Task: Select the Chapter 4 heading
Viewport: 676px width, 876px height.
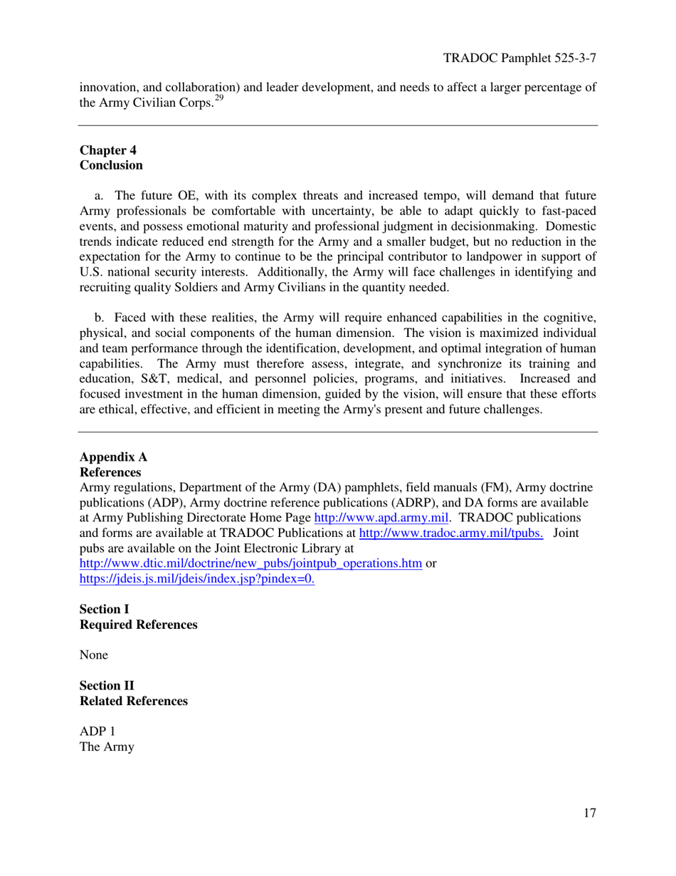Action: (x=107, y=150)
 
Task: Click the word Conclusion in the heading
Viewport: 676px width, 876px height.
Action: (x=111, y=165)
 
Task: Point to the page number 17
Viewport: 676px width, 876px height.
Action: (x=588, y=814)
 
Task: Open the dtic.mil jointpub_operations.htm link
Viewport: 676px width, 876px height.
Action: (x=250, y=563)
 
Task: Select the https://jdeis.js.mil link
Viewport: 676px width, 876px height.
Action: (x=197, y=578)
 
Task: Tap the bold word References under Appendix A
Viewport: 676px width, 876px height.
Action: (x=110, y=472)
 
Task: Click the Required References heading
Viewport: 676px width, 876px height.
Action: (x=138, y=624)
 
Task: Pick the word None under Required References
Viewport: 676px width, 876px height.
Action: (x=94, y=655)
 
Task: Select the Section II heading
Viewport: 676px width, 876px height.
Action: (x=106, y=685)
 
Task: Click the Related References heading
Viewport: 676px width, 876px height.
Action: (x=134, y=700)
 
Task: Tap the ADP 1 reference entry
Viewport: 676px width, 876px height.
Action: (x=97, y=732)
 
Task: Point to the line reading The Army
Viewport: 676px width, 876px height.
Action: (x=107, y=747)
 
